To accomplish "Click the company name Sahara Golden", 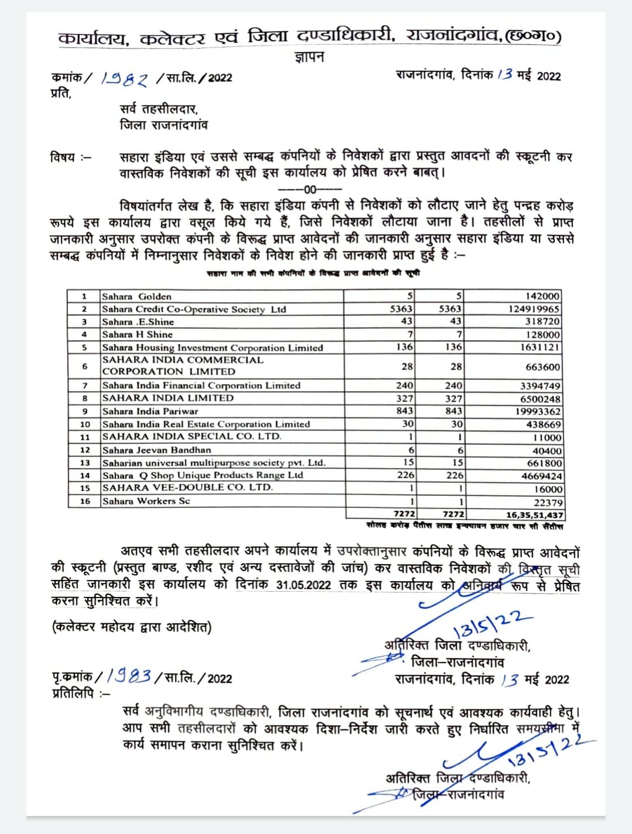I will [136, 296].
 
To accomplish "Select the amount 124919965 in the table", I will [534, 309].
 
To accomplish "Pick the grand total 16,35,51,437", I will [534, 515].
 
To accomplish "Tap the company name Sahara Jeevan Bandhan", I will [156, 450].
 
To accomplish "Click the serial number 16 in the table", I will [85, 501].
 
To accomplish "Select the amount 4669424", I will [541, 476].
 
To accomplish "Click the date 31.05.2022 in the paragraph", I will [304, 585].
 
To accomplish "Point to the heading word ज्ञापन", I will [309, 57].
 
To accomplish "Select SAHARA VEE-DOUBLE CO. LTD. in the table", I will [187, 488].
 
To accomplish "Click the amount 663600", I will [543, 367].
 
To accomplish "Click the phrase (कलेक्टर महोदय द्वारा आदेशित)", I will [132, 627].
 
